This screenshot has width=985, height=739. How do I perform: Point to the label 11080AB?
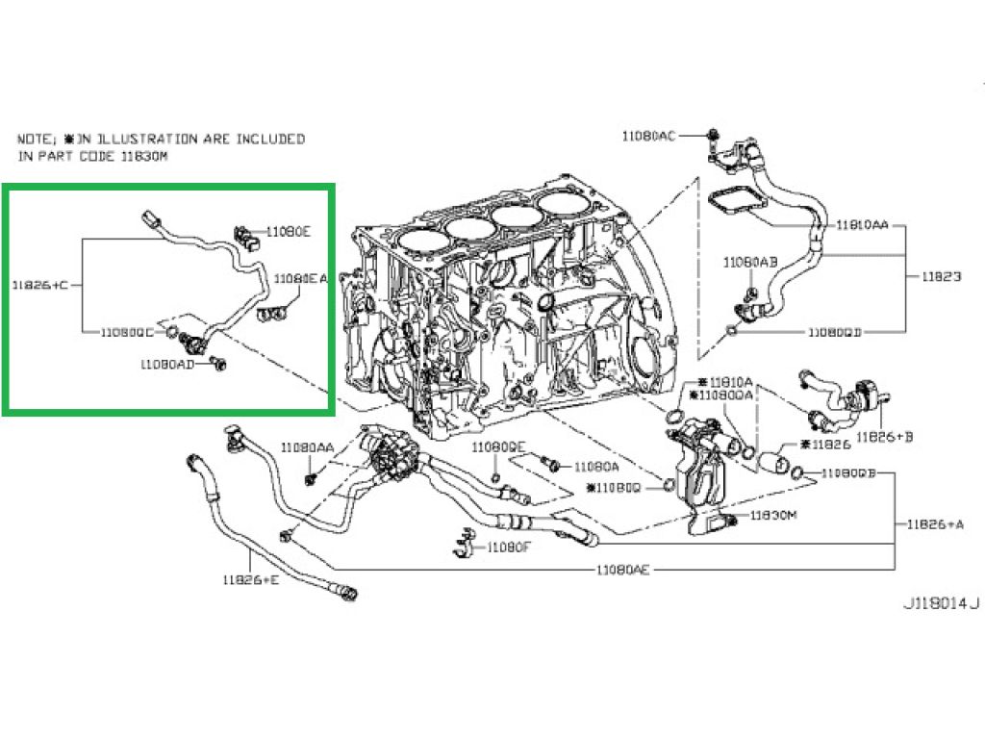pyautogui.click(x=751, y=262)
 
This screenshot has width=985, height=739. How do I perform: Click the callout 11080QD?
pyautogui.click(x=835, y=333)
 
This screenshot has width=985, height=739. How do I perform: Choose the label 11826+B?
pyautogui.click(x=885, y=437)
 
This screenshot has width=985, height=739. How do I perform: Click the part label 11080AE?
pyautogui.click(x=623, y=570)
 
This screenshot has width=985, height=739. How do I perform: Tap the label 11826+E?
pyautogui.click(x=250, y=579)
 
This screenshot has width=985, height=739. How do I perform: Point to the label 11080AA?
pyautogui.click(x=308, y=447)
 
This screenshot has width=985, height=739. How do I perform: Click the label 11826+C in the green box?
pyautogui.click(x=40, y=285)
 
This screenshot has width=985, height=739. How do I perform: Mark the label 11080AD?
pyautogui.click(x=167, y=365)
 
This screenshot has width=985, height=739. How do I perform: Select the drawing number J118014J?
pyautogui.click(x=940, y=604)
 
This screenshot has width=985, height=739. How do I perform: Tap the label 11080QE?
pyautogui.click(x=498, y=447)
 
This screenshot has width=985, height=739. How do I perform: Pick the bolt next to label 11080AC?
pyautogui.click(x=711, y=138)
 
